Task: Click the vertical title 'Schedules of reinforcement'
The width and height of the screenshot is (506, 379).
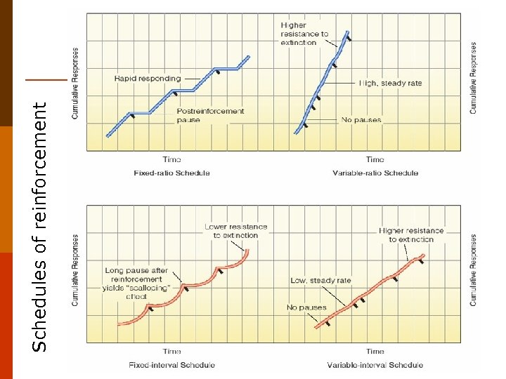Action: pyautogui.click(x=41, y=226)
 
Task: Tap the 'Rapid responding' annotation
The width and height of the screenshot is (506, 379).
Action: pyautogui.click(x=148, y=79)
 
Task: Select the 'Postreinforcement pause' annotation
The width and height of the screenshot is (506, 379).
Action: pyautogui.click(x=210, y=115)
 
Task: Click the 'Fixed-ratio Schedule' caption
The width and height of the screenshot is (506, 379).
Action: pyautogui.click(x=171, y=173)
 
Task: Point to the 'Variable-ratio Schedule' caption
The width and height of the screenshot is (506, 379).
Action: pyautogui.click(x=375, y=173)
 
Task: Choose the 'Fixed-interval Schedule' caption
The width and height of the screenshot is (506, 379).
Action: pyautogui.click(x=171, y=364)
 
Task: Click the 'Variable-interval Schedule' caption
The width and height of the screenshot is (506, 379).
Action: pyautogui.click(x=375, y=364)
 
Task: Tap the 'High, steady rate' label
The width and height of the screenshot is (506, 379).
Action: pyautogui.click(x=390, y=83)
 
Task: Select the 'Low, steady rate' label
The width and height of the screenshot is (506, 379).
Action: pyautogui.click(x=320, y=281)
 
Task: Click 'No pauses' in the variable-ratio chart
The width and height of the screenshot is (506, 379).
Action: pyautogui.click(x=361, y=119)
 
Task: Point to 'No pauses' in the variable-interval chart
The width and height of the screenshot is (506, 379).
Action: pyautogui.click(x=306, y=307)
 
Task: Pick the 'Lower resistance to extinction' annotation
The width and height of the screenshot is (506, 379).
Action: pyautogui.click(x=235, y=231)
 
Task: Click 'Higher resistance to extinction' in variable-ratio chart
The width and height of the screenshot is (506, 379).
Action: pyautogui.click(x=304, y=34)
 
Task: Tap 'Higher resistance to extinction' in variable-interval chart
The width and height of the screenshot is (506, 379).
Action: pyautogui.click(x=411, y=234)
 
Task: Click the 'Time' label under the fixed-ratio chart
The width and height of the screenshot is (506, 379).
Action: pyautogui.click(x=171, y=159)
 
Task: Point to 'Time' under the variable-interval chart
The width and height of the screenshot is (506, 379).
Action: pyautogui.click(x=375, y=351)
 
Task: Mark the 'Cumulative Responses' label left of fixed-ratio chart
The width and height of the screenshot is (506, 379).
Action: pyautogui.click(x=75, y=83)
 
